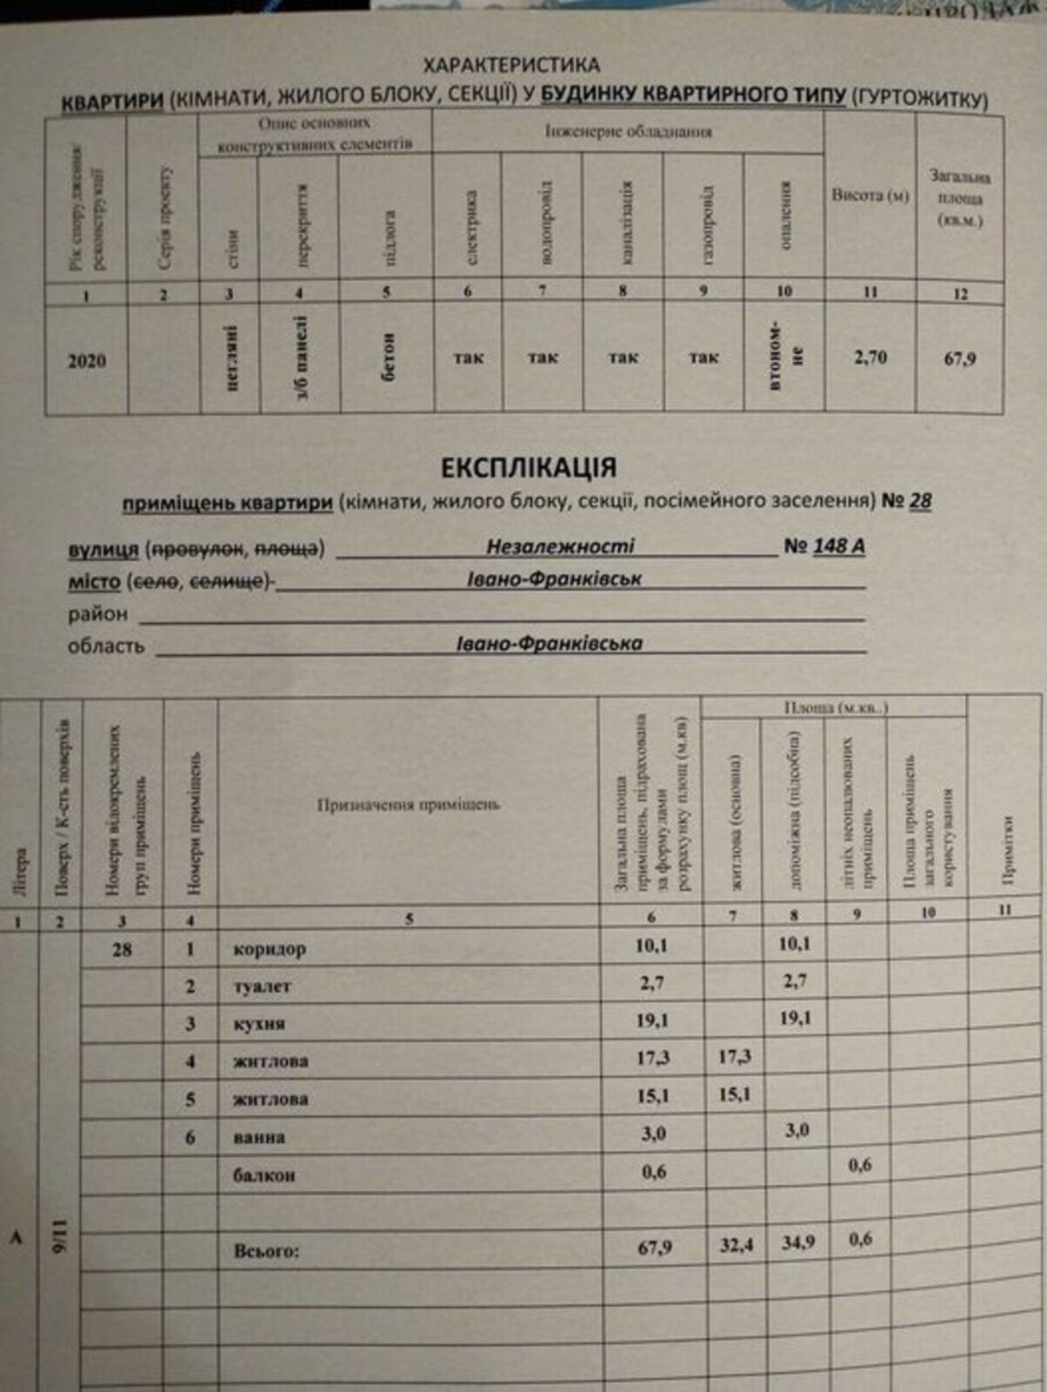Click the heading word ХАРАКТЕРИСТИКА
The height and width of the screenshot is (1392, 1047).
510,65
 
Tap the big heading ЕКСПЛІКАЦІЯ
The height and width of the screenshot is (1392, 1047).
529,467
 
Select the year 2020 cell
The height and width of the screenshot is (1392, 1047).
87,360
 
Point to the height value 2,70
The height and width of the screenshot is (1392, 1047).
870,357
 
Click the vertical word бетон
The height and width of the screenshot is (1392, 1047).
388,357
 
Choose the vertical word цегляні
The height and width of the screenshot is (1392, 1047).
231,358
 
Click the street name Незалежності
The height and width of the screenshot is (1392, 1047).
560,546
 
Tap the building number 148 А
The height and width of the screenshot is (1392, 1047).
838,546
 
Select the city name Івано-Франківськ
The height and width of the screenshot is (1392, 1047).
555,579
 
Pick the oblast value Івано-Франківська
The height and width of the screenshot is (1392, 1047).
550,643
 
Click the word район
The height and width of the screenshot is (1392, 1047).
98,614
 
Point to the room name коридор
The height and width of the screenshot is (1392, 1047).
270,949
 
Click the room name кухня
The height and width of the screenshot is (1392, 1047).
259,1024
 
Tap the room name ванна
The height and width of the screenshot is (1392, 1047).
259,1137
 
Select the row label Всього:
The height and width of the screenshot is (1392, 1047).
266,1251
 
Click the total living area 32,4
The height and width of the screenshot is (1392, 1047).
736,1245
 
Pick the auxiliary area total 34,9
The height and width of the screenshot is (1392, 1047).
797,1242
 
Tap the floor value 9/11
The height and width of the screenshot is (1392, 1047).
60,1235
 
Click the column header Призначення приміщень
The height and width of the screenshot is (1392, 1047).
408,805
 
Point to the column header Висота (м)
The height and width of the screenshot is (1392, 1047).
870,196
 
